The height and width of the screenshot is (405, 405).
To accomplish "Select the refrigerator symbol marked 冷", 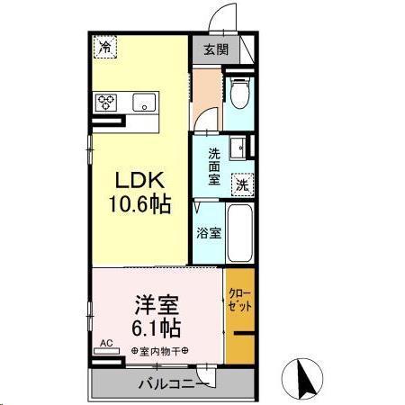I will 106,46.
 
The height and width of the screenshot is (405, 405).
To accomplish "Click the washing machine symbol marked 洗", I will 241,184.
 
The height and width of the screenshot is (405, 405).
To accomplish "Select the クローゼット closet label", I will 239,300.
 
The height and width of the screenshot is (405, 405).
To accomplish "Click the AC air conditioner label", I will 105,343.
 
